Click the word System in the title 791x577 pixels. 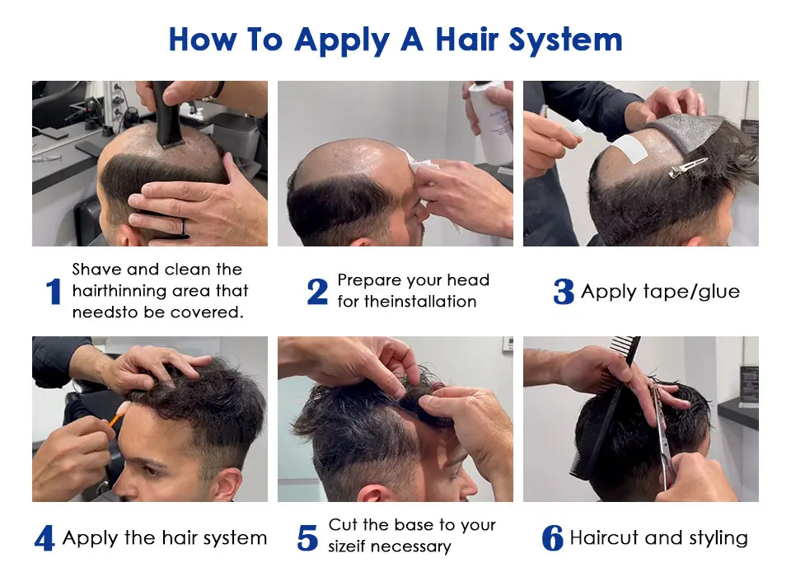565,40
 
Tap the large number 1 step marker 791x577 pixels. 54,291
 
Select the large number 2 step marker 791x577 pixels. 318,291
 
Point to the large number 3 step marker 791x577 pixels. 564,291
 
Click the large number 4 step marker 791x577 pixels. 44,537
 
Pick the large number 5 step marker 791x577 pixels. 307,537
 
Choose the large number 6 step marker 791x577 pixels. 552,537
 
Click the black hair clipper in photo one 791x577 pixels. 164,114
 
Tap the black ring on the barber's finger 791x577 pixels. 184,228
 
